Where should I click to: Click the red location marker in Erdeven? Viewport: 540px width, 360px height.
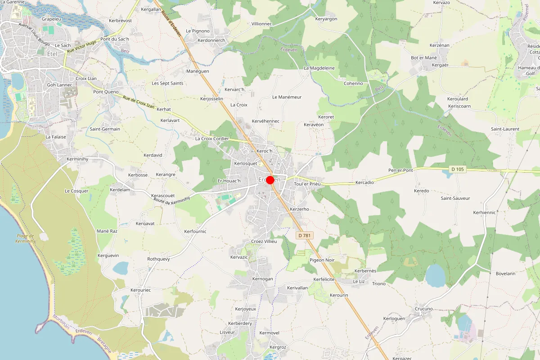tap(270, 180)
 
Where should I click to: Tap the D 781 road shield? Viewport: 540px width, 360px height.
tap(305, 235)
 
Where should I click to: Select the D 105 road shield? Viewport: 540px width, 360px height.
tap(457, 169)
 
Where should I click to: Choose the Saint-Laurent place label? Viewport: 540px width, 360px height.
tap(505, 129)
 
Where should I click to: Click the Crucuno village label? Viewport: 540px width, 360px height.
tap(423, 309)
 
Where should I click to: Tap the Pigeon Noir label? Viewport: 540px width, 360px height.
tap(322, 260)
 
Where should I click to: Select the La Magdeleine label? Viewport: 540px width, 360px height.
tap(319, 68)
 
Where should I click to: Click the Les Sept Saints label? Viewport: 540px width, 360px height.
tap(167, 83)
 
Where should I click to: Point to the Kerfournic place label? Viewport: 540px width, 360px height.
tap(195, 231)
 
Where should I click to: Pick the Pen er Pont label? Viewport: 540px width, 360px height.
tap(400, 171)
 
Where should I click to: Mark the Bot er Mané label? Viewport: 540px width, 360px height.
tap(424, 58)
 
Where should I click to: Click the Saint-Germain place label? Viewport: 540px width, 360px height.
tap(105, 129)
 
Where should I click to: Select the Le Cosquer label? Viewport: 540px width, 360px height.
tap(76, 191)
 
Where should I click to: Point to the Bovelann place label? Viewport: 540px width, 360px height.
tap(505, 273)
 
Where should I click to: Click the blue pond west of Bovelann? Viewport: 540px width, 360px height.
tap(435, 275)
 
